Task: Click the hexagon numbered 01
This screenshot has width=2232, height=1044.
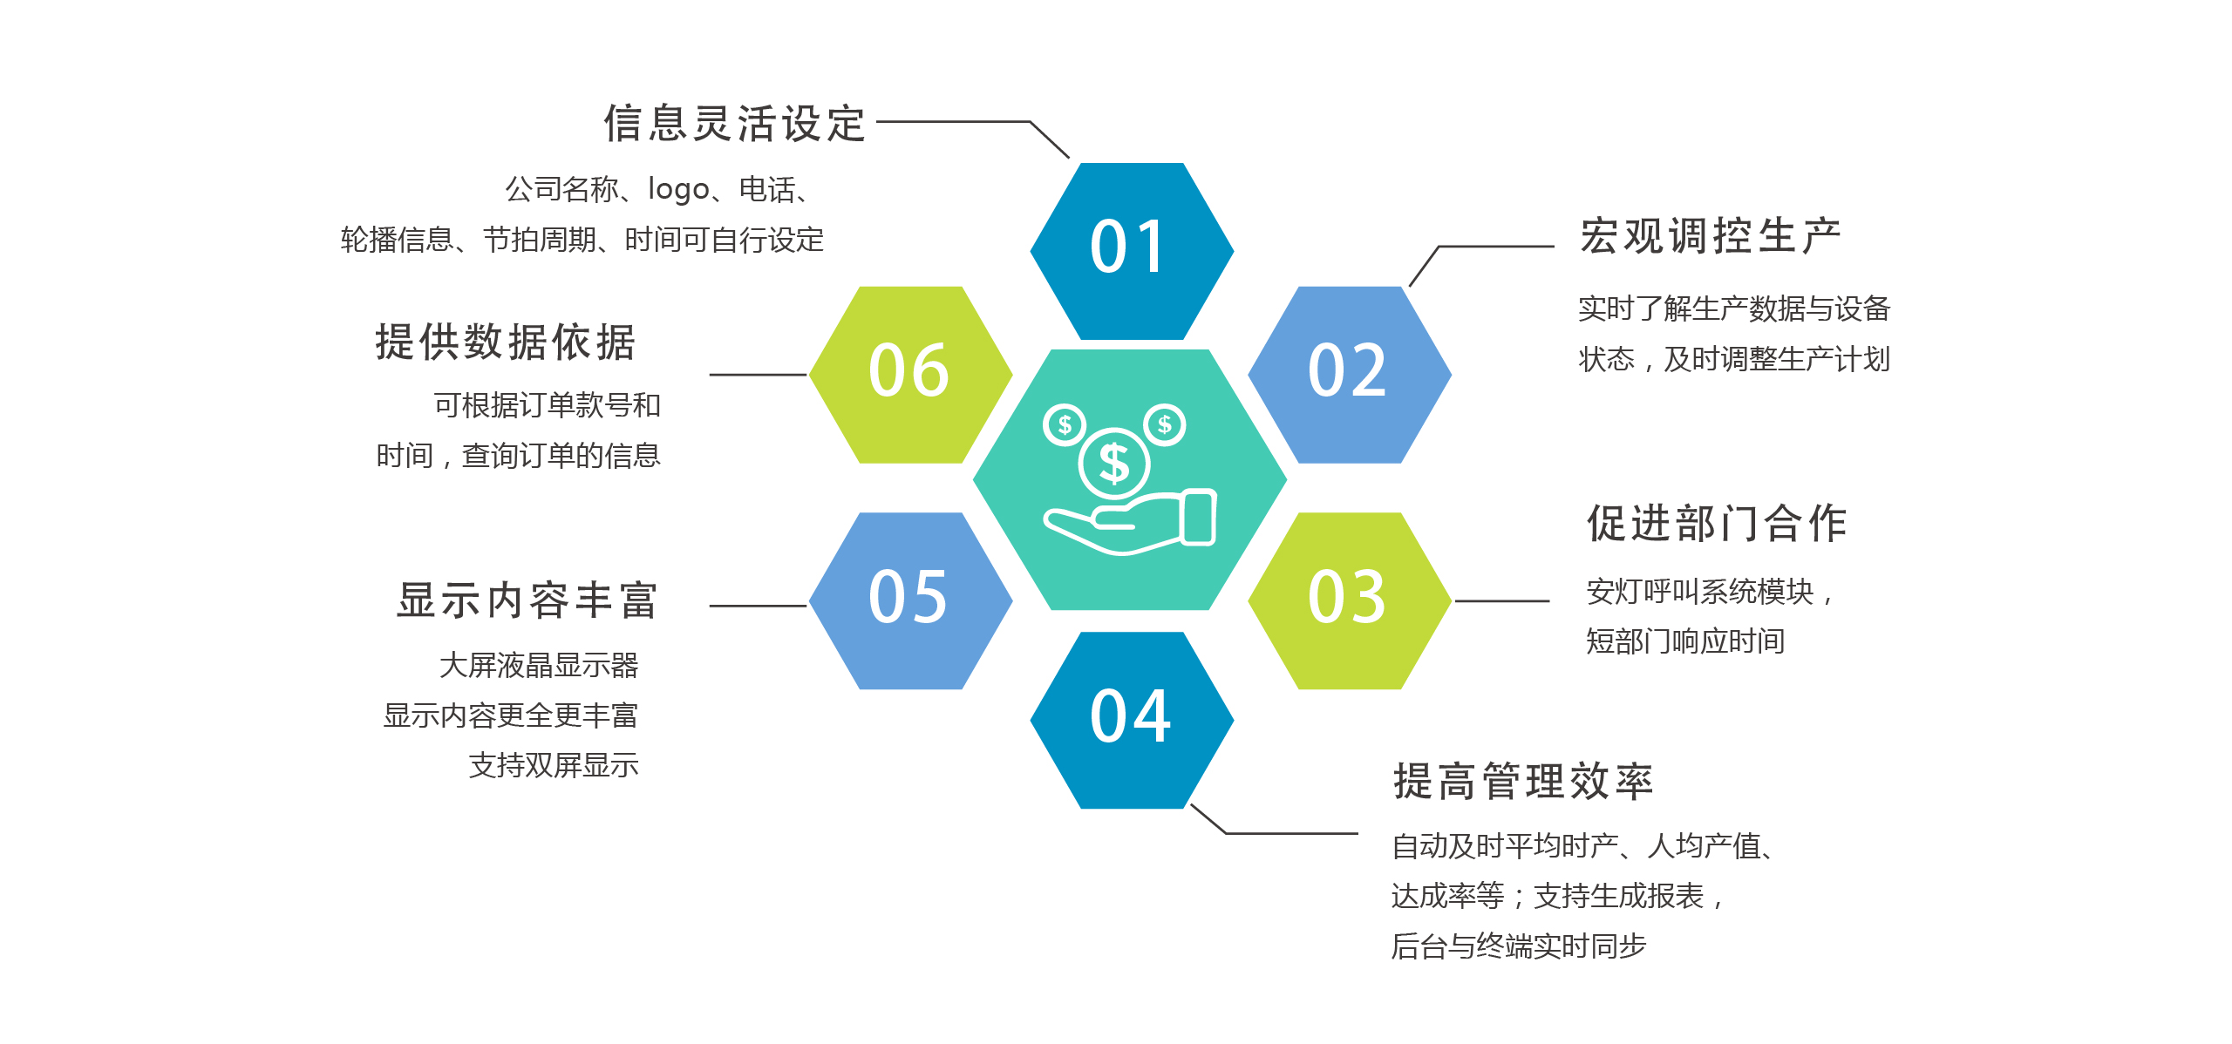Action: tap(1132, 251)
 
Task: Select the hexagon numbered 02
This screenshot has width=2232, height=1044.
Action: tap(1350, 375)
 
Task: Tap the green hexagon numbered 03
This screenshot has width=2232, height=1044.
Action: tap(1350, 600)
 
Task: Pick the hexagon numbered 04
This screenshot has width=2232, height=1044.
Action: tap(1132, 720)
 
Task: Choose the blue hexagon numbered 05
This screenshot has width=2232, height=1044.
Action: tap(910, 600)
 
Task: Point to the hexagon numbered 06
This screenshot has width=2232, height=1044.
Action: tap(910, 375)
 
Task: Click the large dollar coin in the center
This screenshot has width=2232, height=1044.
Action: tap(1114, 463)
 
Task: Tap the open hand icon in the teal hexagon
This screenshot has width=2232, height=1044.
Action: tap(1130, 521)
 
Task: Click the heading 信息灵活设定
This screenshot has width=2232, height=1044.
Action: tap(735, 123)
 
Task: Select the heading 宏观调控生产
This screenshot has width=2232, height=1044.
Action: tap(1711, 236)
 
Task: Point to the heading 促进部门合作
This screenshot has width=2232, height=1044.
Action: tap(1717, 523)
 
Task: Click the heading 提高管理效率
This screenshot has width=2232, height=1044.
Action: tap(1523, 781)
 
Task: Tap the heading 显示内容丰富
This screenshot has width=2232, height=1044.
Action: tap(527, 600)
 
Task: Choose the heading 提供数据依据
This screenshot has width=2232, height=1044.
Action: tap(506, 342)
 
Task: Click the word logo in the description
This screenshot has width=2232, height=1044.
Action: tap(678, 189)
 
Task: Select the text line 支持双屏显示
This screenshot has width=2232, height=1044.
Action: tap(554, 765)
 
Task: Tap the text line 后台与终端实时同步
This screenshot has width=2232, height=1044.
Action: tap(1519, 946)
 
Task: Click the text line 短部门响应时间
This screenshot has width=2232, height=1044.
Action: tap(1685, 641)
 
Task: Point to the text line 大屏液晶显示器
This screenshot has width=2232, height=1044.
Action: tap(539, 665)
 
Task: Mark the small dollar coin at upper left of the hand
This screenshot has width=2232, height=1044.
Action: tap(1065, 425)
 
